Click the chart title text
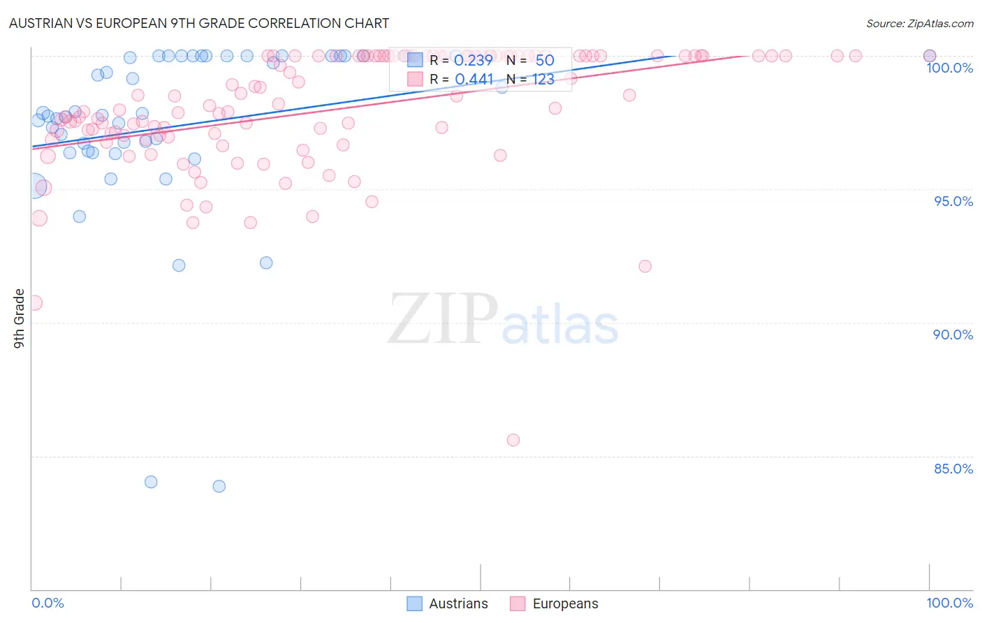(x=199, y=23)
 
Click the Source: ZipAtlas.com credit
(x=919, y=23)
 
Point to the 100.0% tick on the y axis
(x=949, y=68)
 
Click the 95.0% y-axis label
(x=953, y=201)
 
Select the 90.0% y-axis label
(x=953, y=335)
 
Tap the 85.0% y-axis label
(x=953, y=469)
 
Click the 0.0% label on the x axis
(x=48, y=603)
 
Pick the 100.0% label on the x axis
(x=949, y=603)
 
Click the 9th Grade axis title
(x=20, y=318)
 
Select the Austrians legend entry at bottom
(x=448, y=603)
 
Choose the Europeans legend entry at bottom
(x=555, y=603)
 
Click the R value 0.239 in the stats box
(x=474, y=60)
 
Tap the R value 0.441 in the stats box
(x=474, y=80)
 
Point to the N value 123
(x=543, y=80)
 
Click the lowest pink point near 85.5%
(x=513, y=440)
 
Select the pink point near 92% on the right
(x=645, y=266)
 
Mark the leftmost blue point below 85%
(x=151, y=482)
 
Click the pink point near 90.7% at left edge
(x=35, y=303)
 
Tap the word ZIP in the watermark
(x=443, y=319)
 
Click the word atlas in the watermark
(x=560, y=325)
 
